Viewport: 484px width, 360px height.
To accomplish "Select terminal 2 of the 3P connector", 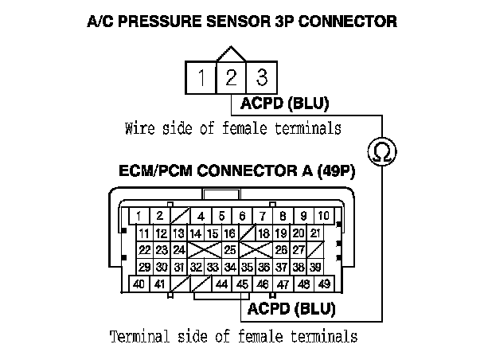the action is [231, 78].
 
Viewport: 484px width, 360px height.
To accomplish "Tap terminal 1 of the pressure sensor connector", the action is [201, 78].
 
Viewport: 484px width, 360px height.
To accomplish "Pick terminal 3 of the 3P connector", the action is [260, 78].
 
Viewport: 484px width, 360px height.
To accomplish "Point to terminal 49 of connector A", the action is [323, 284].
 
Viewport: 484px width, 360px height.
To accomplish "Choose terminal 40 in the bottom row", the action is [139, 284].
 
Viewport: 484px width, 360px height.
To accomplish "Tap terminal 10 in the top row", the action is [323, 216].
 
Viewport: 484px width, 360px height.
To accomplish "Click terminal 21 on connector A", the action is [315, 233].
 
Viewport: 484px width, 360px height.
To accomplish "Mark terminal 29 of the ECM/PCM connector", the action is [144, 267].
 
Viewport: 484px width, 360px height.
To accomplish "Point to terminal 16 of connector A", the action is [228, 233].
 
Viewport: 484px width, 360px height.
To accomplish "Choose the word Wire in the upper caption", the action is [139, 127].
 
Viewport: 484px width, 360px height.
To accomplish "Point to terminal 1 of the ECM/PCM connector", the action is [139, 216].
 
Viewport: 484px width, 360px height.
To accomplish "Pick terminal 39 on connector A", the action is [315, 267].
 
